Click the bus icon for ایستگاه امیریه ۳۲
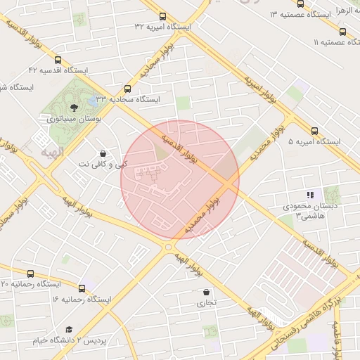pos(163,15)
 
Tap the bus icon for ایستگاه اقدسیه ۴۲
pos(58,60)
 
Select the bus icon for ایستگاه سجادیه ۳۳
pos(127,89)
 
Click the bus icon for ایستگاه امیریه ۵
pos(314,131)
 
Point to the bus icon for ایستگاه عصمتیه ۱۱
pos(342,32)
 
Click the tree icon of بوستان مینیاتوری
pos(74,108)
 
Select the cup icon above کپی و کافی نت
pos(103,153)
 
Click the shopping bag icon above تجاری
pos(206,292)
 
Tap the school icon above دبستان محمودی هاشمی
pos(309,195)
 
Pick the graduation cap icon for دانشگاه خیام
pos(69,330)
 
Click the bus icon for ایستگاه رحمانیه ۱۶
pos(82,288)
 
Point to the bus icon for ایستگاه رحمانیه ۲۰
pos(30,273)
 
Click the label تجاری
pos(206,304)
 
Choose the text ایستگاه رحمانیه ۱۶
pos(82,300)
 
